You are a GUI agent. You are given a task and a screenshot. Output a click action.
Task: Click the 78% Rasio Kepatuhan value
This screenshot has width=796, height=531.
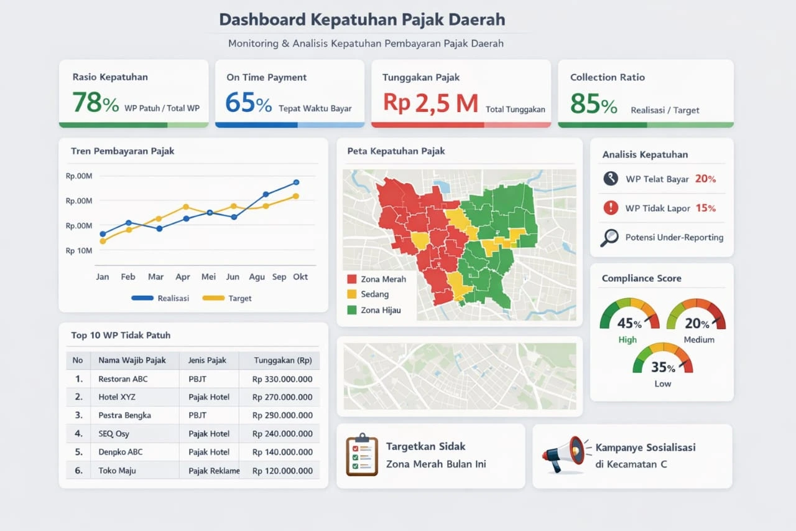click(x=95, y=103)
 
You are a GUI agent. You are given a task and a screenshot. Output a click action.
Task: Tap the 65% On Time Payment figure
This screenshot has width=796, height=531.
click(x=248, y=103)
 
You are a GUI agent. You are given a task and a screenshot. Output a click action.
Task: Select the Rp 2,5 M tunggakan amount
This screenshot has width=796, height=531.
click(x=430, y=103)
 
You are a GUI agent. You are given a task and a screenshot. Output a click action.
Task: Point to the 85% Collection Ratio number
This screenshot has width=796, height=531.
click(x=593, y=104)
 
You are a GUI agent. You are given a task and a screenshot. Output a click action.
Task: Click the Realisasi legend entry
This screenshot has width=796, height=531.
click(x=160, y=298)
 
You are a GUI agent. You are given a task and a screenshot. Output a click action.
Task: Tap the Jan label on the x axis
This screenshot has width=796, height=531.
click(x=103, y=277)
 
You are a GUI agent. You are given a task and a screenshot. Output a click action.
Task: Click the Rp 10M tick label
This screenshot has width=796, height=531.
click(x=79, y=251)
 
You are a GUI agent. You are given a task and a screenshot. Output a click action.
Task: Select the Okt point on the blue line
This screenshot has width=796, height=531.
click(x=296, y=182)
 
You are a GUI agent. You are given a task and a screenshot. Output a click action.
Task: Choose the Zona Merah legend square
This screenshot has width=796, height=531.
click(x=352, y=280)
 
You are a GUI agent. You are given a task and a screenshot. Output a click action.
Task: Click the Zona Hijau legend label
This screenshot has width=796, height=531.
click(x=381, y=310)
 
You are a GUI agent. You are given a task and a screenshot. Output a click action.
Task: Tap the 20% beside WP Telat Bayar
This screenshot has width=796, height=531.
click(x=705, y=179)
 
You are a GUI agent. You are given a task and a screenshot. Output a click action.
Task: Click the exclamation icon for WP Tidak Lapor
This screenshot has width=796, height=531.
click(x=611, y=208)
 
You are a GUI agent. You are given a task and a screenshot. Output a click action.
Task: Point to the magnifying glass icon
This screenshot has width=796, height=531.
click(x=609, y=237)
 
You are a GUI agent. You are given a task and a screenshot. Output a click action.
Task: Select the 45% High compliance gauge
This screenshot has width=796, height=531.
click(x=629, y=316)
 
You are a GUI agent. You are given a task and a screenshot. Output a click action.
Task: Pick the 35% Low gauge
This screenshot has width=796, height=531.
click(x=662, y=361)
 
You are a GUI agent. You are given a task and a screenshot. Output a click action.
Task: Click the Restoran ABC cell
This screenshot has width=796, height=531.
click(x=123, y=378)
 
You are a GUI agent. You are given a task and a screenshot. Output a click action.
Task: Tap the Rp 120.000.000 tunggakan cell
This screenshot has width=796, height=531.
click(x=282, y=471)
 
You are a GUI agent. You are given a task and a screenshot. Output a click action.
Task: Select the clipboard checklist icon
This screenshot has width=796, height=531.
click(x=362, y=456)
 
